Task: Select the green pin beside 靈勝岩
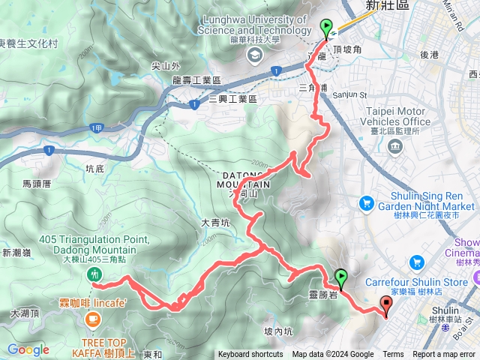341,277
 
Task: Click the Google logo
28,349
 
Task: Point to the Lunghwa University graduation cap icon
256,54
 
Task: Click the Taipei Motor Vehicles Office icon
394,145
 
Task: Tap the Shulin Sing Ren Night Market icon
366,202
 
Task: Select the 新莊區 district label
381,5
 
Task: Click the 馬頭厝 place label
36,183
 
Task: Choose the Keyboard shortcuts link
250,355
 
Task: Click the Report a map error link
444,355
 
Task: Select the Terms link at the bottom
393,355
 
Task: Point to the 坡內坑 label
278,331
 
